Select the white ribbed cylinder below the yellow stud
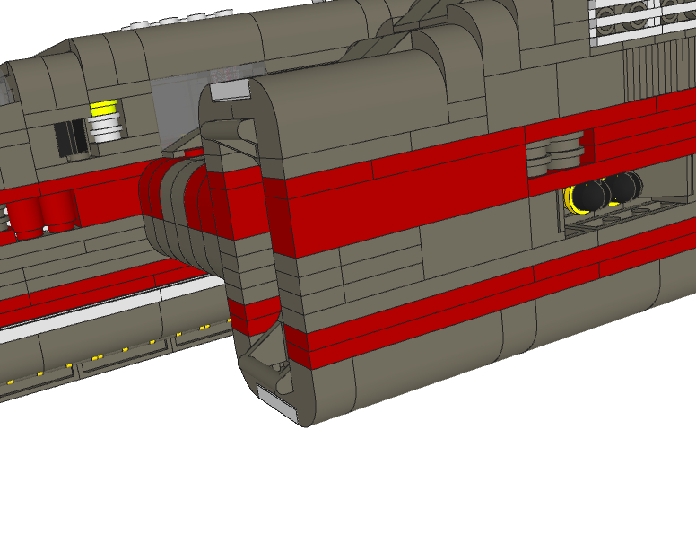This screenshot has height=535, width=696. tap(106, 127)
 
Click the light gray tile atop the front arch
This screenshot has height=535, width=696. tap(231, 89)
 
